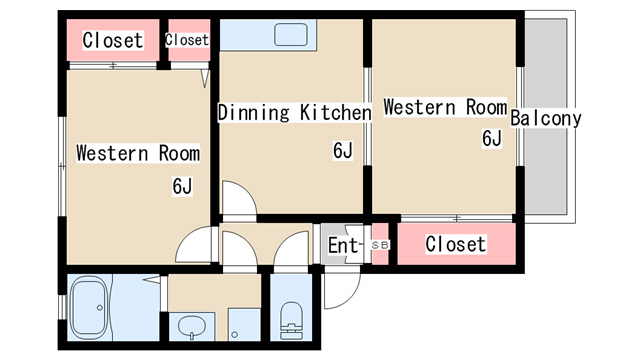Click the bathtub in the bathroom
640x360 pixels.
tap(89, 307)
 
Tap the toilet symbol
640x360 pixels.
tap(291, 320)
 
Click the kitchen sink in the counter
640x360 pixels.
tap(291, 35)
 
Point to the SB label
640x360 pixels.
tap(380, 245)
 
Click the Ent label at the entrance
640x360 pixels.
tap(344, 245)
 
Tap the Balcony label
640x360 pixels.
tap(546, 119)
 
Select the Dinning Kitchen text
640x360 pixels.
tap(294, 112)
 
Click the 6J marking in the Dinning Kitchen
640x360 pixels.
tap(343, 150)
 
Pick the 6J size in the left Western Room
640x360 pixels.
tap(182, 187)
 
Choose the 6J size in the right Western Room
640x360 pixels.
tap(492, 138)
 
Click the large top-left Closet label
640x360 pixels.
tap(113, 40)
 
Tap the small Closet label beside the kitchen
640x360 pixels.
tap(187, 40)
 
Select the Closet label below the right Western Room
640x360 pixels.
tap(456, 244)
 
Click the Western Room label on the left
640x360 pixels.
tap(138, 153)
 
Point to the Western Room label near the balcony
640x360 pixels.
tap(445, 107)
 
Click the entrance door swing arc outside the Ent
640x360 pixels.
tap(352, 296)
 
